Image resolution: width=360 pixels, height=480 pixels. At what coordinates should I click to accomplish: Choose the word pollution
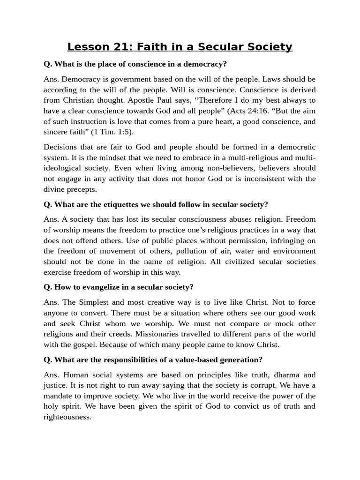tap(189, 251)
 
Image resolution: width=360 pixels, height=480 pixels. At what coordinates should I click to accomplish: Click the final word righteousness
tap(67, 417)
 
